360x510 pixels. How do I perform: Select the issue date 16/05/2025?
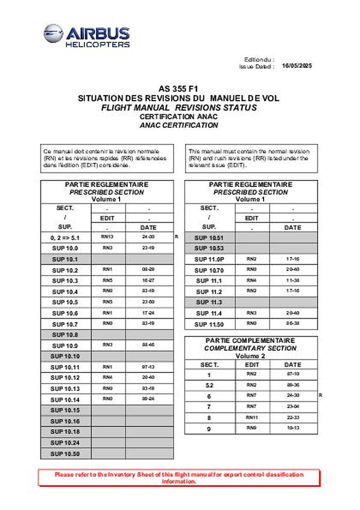coord(297,66)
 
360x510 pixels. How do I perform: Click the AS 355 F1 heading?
coord(179,89)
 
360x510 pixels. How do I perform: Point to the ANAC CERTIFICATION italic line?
coord(179,125)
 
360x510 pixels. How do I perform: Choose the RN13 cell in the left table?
coord(108,237)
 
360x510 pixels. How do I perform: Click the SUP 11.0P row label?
coord(209,259)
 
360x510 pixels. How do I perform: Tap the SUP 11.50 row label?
coord(209,324)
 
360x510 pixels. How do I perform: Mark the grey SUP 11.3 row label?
coord(209,302)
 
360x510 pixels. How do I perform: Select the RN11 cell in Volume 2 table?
coord(252,417)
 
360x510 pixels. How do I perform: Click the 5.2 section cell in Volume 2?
coord(209,385)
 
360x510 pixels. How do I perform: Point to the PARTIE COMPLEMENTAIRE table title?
coord(250,341)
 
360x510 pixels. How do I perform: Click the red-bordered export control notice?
coord(179,478)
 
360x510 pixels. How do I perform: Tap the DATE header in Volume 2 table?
coord(292,365)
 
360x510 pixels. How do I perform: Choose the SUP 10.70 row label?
coord(209,270)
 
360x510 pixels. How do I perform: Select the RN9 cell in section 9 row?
coord(252,428)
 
